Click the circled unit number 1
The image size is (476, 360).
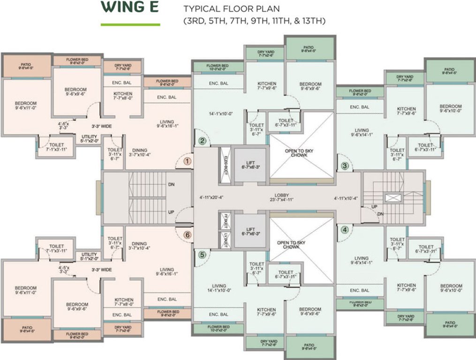coord(188,161)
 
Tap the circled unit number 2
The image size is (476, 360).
coord(202,140)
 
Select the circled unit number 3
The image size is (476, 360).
coord(345,165)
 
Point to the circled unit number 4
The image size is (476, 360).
coord(345,230)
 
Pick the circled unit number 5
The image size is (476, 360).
coord(202,255)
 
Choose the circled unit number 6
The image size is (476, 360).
coord(188,235)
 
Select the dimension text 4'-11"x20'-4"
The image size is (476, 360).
coord(211,197)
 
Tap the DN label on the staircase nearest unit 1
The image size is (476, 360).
coord(172,185)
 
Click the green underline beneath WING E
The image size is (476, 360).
coord(130,24)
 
